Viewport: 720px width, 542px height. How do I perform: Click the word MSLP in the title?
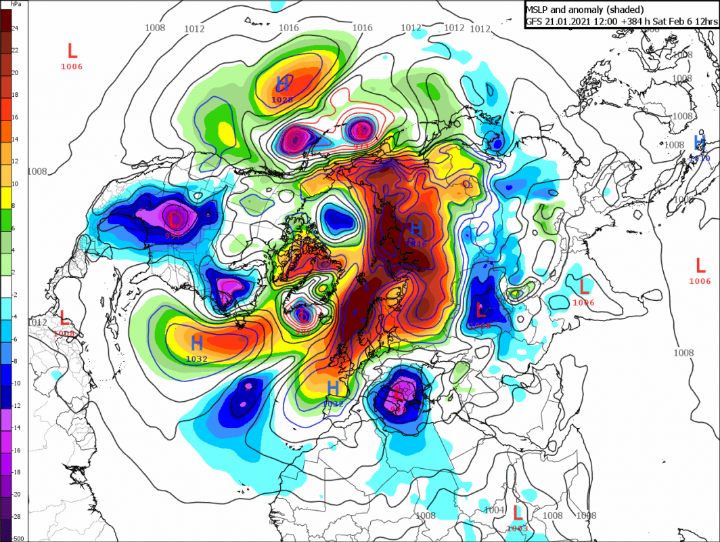click(539, 9)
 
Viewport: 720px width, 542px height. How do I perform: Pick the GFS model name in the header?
click(536, 20)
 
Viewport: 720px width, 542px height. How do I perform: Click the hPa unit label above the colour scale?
click(9, 3)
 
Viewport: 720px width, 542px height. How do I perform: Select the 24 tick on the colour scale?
click(15, 28)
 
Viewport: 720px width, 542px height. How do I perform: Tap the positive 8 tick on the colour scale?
click(15, 207)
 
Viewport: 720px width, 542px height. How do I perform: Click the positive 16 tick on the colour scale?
click(15, 117)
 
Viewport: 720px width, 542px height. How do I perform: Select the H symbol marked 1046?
click(417, 227)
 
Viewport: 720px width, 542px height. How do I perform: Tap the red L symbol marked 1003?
click(518, 513)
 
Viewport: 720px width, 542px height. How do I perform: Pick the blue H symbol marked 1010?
click(700, 142)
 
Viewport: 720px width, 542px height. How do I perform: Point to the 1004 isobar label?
click(495, 510)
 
